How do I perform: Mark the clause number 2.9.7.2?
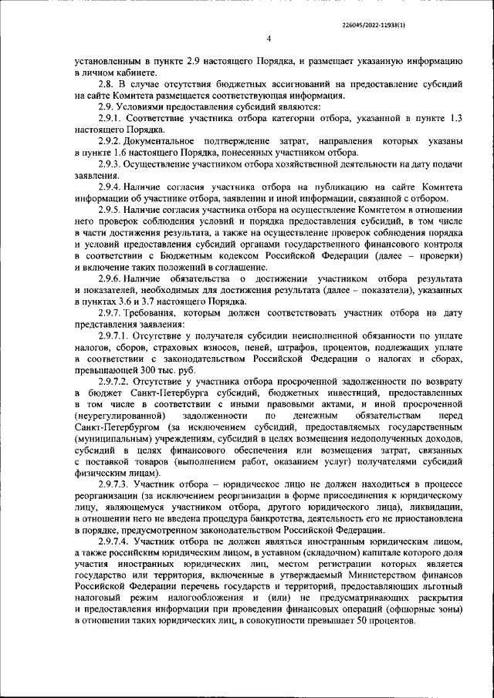[x=116, y=382]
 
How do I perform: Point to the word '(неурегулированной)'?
[x=117, y=416]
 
